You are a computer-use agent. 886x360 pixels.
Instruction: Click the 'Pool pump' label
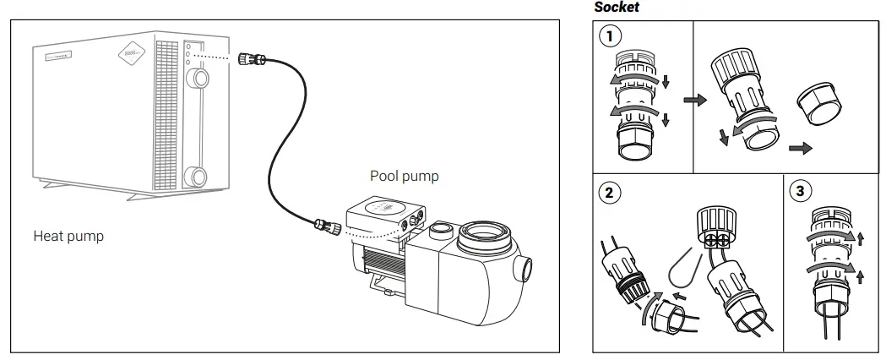pos(404,176)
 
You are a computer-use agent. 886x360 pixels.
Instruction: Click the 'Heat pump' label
pos(68,236)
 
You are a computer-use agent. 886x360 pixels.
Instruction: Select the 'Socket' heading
pos(617,7)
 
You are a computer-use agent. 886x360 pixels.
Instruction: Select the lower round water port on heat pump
pos(197,177)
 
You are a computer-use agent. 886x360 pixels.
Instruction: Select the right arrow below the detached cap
pos(799,148)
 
